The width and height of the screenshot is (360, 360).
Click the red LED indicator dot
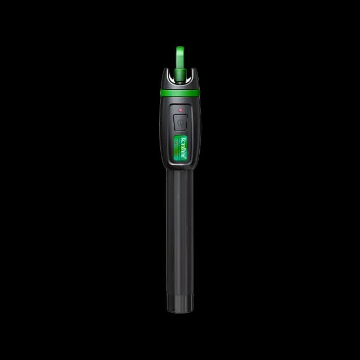(x=180, y=109)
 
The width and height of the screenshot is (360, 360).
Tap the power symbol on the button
(x=180, y=121)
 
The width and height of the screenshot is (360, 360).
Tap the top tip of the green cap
(x=181, y=47)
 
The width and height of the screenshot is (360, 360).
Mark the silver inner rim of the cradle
(x=189, y=79)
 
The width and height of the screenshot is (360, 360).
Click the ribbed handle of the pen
(x=180, y=226)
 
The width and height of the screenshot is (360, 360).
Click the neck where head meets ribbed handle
(x=180, y=170)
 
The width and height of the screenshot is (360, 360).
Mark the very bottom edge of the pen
(x=180, y=312)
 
